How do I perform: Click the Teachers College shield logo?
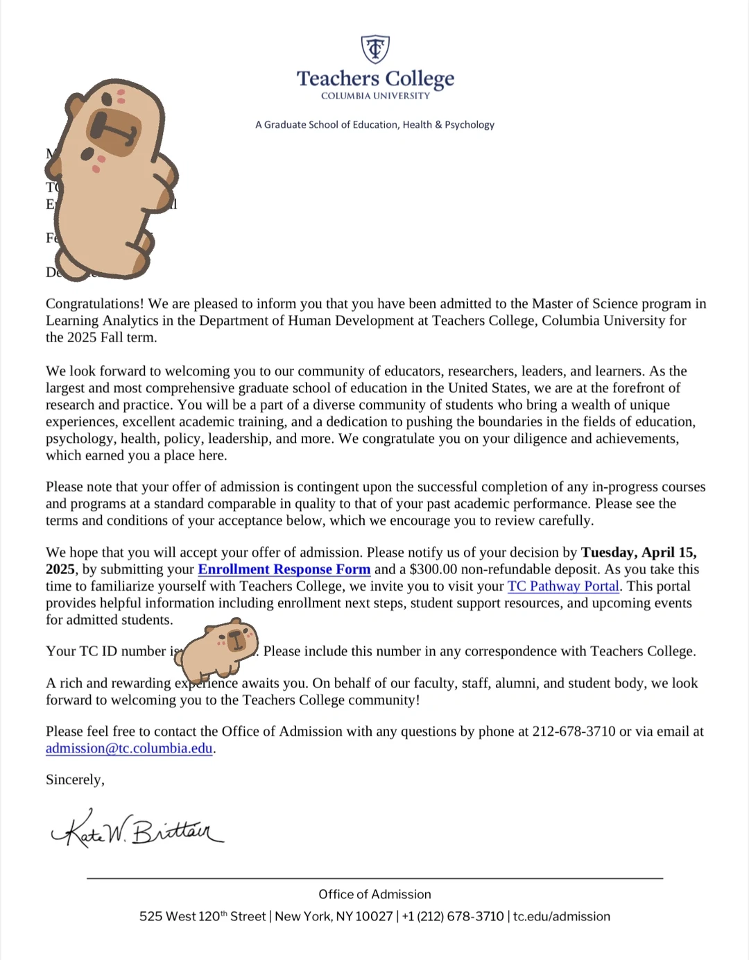(375, 49)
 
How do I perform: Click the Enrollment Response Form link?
(284, 569)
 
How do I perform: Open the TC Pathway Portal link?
(563, 586)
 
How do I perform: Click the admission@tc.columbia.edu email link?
(129, 748)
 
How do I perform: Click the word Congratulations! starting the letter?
(94, 303)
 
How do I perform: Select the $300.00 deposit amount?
(433, 569)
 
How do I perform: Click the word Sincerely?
(75, 780)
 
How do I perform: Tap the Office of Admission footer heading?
(374, 894)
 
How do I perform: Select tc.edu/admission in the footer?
(562, 916)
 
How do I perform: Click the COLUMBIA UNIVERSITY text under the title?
(375, 96)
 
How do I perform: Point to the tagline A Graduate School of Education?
(374, 125)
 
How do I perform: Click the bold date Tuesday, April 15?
(638, 553)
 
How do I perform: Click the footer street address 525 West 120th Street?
(203, 916)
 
